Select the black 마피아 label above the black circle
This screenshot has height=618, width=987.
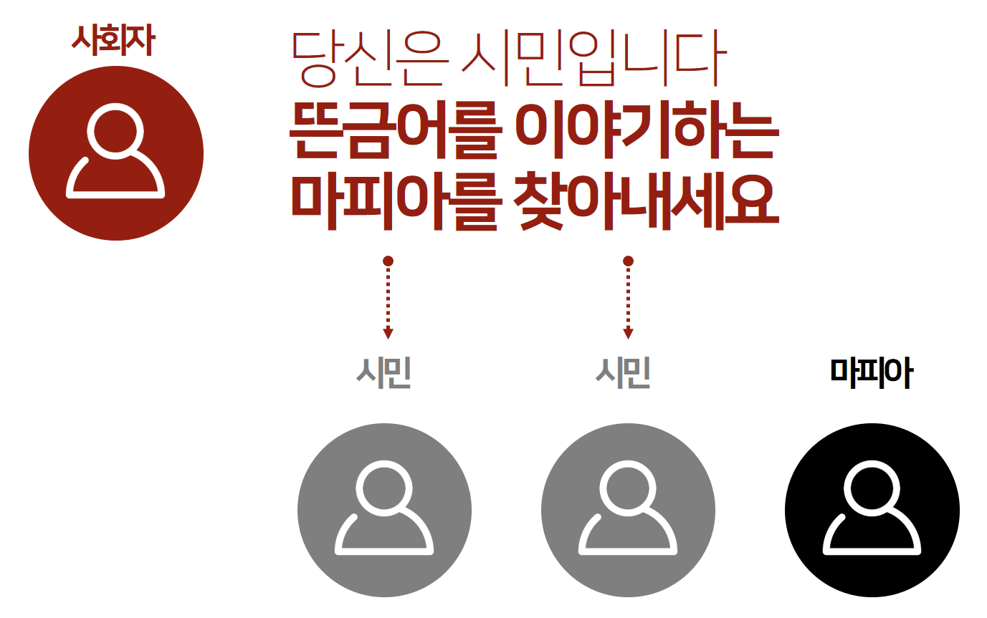tap(871, 372)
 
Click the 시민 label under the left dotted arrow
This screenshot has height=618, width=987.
tap(384, 372)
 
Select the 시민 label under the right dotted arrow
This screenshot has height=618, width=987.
tap(624, 372)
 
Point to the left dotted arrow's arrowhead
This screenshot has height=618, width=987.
tap(388, 333)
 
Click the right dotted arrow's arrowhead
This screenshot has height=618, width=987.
tap(628, 333)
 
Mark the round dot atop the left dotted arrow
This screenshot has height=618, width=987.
tap(388, 261)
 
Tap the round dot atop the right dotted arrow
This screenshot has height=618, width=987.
tap(628, 261)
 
